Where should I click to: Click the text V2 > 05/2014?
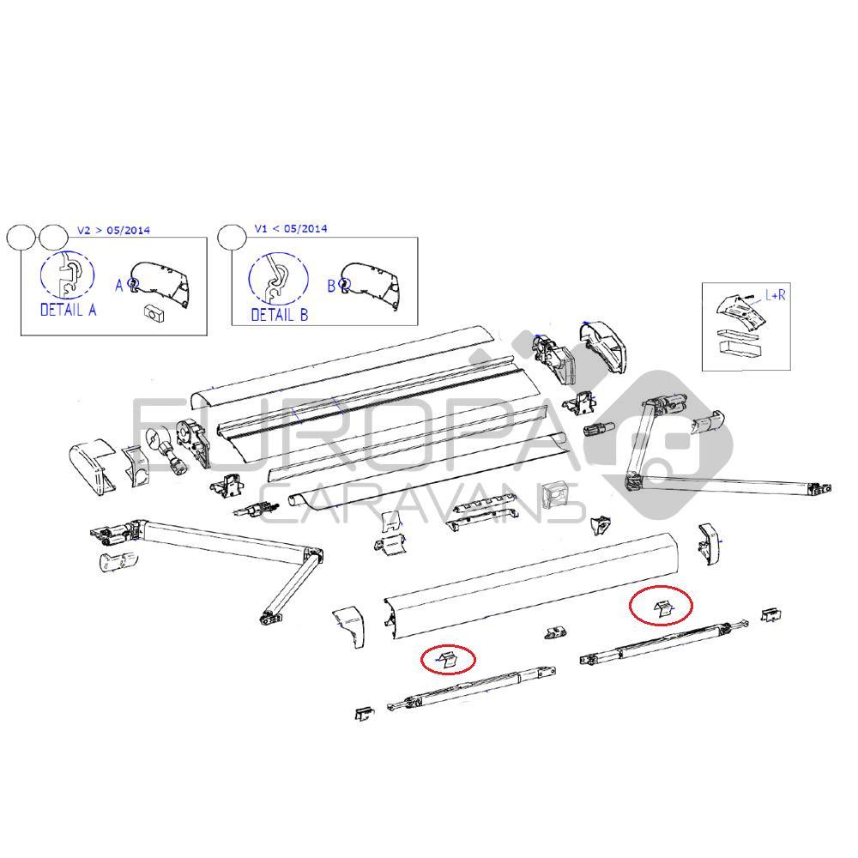112,230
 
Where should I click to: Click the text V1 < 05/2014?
290,229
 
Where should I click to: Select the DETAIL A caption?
68,310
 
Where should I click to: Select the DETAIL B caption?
279,315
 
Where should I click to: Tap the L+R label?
776,295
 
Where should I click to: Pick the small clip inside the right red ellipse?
662,608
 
